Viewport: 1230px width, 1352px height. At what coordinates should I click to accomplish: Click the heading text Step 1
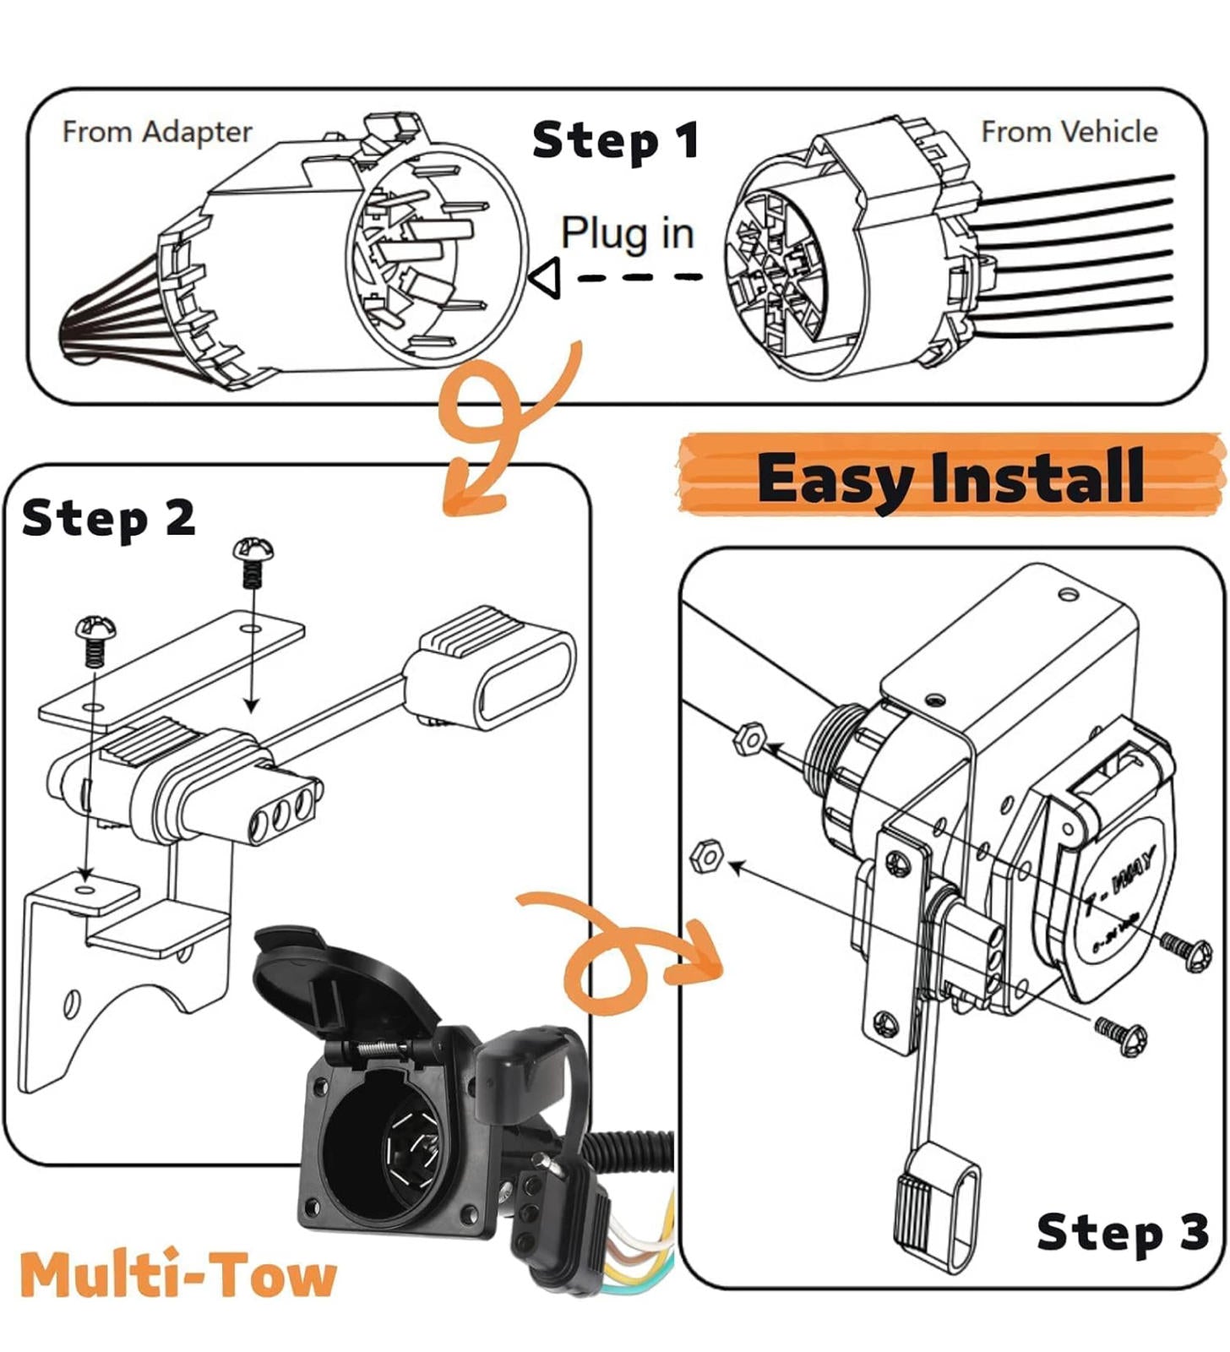click(x=616, y=140)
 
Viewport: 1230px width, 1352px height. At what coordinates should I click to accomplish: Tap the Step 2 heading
click(x=108, y=518)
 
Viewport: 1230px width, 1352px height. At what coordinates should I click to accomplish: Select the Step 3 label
click(x=1122, y=1231)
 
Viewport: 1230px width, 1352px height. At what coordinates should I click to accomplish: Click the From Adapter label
click(x=157, y=133)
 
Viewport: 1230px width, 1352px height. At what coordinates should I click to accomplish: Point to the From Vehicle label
click(x=1069, y=132)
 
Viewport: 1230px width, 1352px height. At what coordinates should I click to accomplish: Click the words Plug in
click(x=627, y=232)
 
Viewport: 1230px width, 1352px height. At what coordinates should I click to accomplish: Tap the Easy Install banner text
click(x=950, y=477)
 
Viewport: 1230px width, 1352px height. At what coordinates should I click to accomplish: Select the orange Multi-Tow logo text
click(x=178, y=1275)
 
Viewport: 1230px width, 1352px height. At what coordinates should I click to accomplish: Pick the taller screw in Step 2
click(x=253, y=559)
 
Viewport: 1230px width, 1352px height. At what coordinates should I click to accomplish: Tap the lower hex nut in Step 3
click(x=707, y=857)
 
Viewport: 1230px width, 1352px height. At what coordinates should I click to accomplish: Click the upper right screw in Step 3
click(x=1187, y=950)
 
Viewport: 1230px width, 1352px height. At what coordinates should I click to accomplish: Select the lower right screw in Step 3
click(x=1123, y=1035)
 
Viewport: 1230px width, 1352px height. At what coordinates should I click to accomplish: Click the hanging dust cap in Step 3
click(x=937, y=1204)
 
